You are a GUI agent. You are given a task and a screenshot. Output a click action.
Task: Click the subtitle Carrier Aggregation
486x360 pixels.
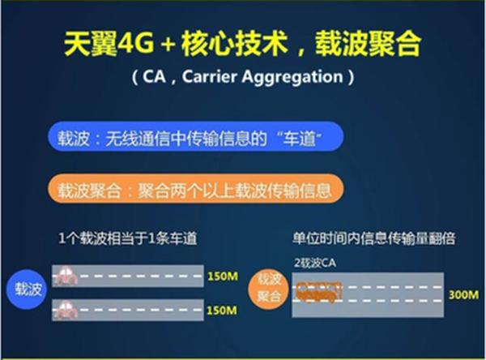tap(262, 76)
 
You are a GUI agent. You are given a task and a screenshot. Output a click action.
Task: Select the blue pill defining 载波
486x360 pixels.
tap(196, 136)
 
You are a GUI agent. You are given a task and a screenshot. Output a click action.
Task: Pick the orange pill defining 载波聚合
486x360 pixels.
tap(196, 189)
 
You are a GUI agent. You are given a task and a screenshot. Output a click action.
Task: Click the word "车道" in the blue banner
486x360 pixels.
tap(298, 138)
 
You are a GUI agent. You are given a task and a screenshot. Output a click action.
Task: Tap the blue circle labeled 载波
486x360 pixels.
tap(28, 289)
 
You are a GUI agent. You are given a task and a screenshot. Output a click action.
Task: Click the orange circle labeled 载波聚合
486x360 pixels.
tap(269, 289)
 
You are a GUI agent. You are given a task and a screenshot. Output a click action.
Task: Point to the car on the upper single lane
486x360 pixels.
tap(65, 276)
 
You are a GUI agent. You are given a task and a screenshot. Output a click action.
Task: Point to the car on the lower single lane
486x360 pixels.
tap(65, 310)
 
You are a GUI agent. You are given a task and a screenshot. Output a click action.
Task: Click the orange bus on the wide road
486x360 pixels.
tap(318, 292)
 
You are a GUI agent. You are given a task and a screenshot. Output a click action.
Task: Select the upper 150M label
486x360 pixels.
tap(223, 276)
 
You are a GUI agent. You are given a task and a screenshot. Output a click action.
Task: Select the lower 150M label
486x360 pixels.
tap(222, 310)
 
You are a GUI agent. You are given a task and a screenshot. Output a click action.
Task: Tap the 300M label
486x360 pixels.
tap(463, 294)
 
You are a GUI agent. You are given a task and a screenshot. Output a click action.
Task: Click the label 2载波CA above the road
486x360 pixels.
tap(315, 263)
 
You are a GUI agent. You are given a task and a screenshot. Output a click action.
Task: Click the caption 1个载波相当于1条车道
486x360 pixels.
tap(128, 238)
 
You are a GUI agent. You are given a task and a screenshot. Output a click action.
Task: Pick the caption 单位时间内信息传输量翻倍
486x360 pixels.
tap(373, 238)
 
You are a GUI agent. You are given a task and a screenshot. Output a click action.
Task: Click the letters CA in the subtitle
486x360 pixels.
tap(154, 76)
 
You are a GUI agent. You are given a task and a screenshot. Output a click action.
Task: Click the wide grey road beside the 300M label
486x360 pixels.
tap(368, 294)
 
